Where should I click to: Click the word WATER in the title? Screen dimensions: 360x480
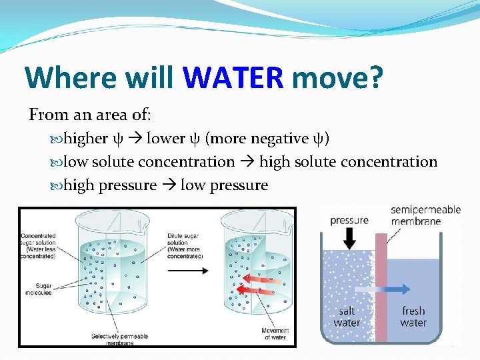pos(233,78)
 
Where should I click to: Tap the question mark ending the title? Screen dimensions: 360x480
pos(375,78)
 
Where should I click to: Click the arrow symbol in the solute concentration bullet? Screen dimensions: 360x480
pos(247,162)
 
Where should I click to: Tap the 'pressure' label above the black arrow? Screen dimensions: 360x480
pos(349,221)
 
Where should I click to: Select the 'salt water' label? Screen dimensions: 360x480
pos(347,317)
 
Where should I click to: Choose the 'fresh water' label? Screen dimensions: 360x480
pos(413,317)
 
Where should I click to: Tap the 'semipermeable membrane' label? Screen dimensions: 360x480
pos(425,215)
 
